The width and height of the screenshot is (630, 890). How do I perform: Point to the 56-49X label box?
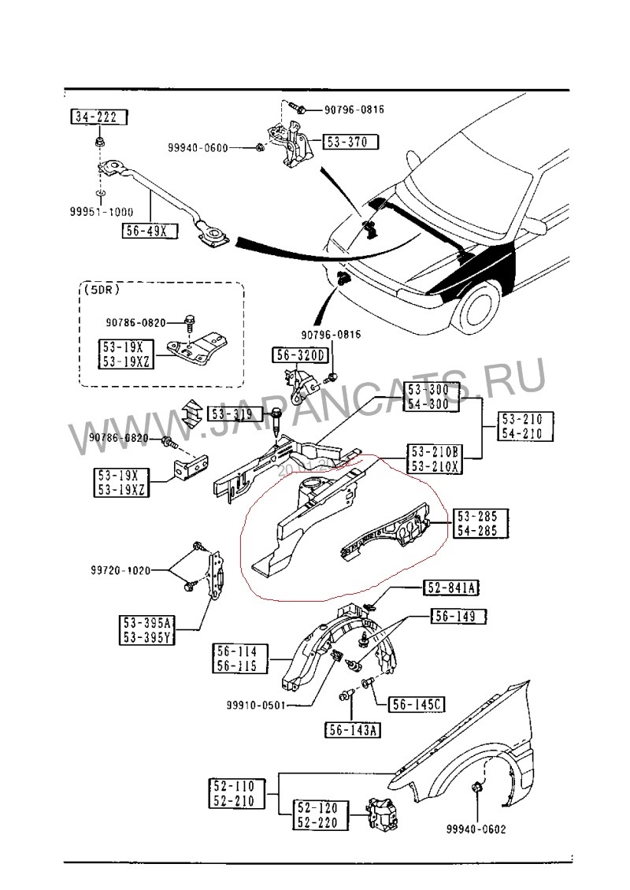point(150,231)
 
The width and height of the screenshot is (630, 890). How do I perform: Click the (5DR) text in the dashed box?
point(101,290)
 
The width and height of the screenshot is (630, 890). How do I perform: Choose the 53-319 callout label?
point(230,413)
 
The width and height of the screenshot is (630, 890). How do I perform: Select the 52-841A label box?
point(452,588)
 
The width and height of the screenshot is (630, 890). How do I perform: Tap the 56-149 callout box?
point(453,617)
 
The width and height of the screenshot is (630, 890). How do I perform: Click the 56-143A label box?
point(352,730)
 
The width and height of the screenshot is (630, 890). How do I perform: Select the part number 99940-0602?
point(476,829)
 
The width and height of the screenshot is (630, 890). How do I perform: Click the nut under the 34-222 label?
point(102,143)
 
